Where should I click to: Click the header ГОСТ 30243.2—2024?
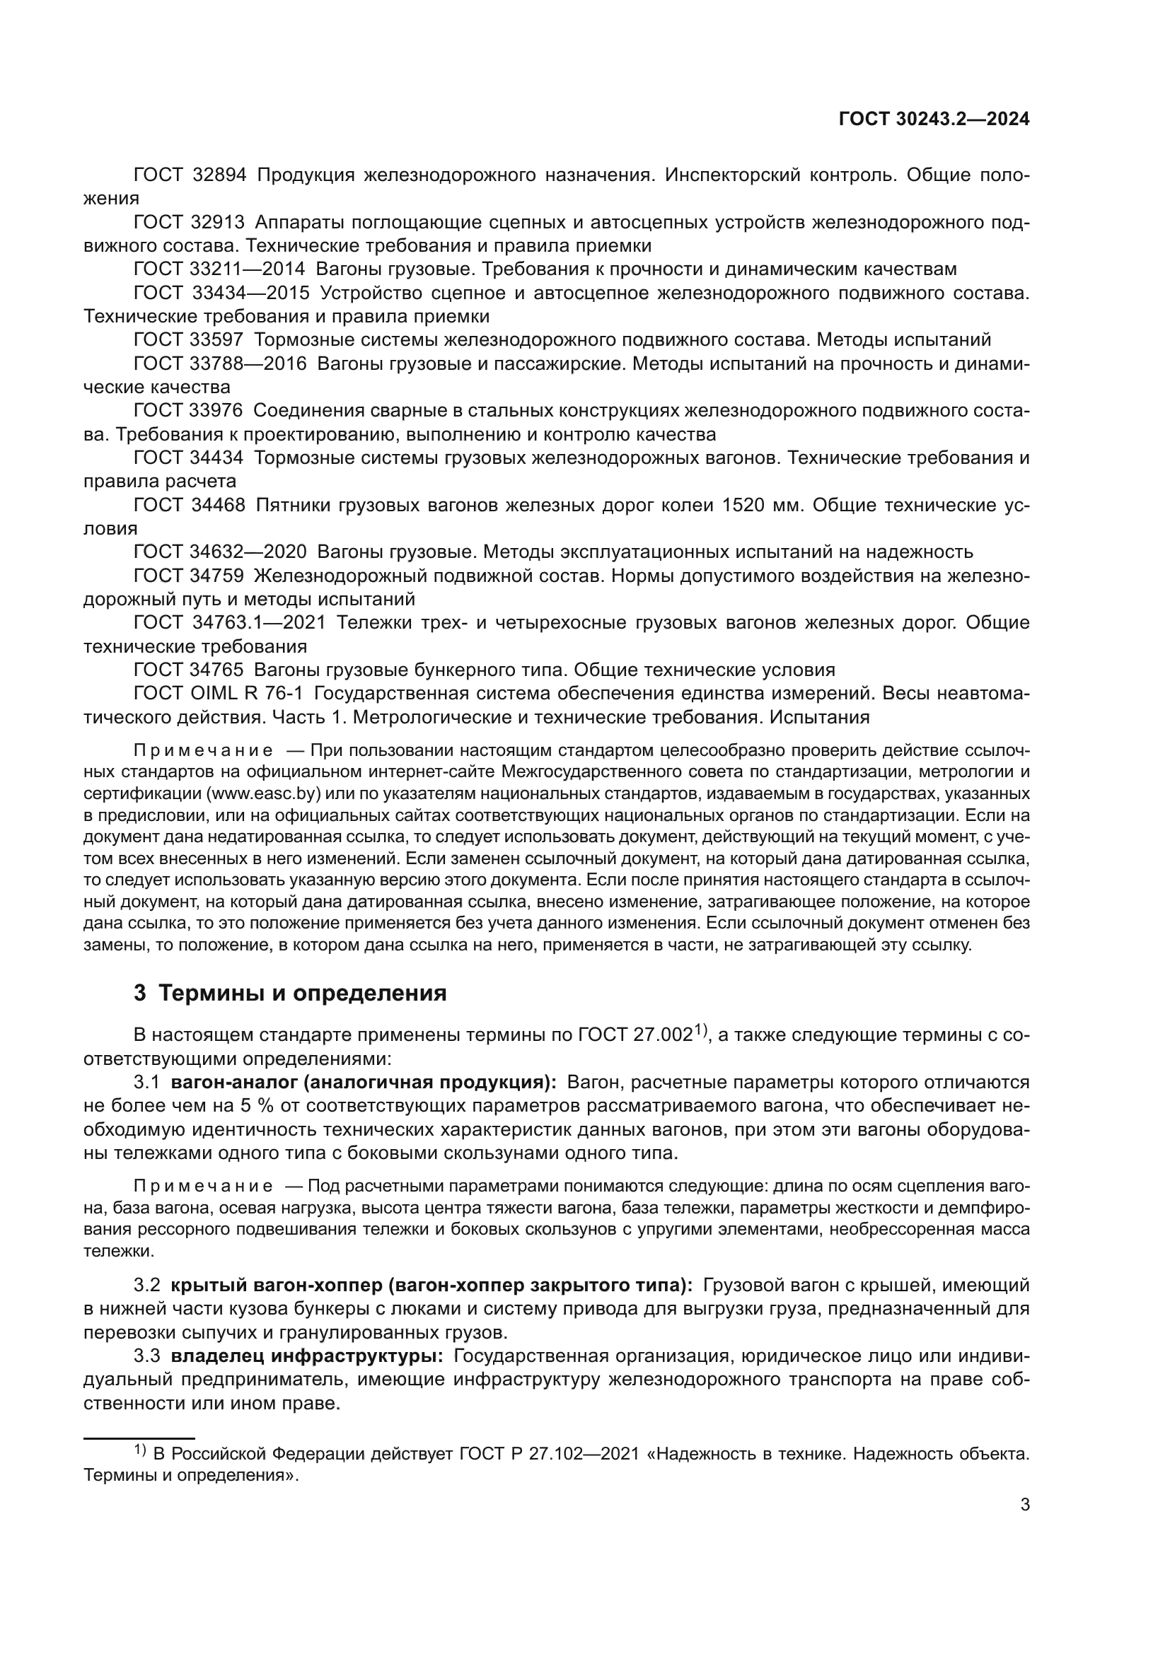(934, 120)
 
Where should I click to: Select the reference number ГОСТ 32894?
(190, 175)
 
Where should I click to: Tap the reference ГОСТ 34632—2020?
(220, 552)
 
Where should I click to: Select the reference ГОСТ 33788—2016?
(220, 363)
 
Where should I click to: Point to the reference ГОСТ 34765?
(189, 670)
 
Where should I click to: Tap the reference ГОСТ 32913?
(189, 223)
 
